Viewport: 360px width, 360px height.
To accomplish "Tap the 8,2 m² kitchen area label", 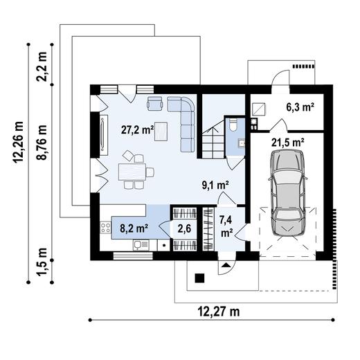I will [134, 226].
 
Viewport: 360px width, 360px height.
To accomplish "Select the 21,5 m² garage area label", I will [288, 142].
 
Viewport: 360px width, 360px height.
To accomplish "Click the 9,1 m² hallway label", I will [215, 185].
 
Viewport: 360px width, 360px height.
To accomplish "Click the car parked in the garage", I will [289, 196].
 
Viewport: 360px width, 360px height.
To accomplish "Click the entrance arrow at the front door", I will [226, 264].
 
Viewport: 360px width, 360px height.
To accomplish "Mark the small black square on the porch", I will [200, 279].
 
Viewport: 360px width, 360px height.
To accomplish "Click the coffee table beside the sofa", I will [161, 129].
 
